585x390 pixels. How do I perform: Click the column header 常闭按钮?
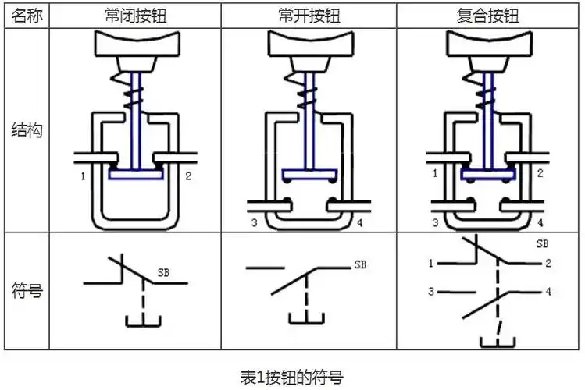pos(135,15)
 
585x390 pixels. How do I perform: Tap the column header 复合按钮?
pos(487,15)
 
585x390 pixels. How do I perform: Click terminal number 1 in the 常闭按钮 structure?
pos(82,177)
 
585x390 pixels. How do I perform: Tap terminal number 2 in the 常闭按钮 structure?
pos(188,177)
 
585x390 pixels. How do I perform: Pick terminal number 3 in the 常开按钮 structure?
pos(255,224)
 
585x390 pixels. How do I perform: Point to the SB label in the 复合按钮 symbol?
pos(542,244)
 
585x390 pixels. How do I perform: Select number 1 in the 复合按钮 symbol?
pos(430,264)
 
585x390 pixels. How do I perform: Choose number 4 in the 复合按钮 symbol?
pos(548,292)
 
